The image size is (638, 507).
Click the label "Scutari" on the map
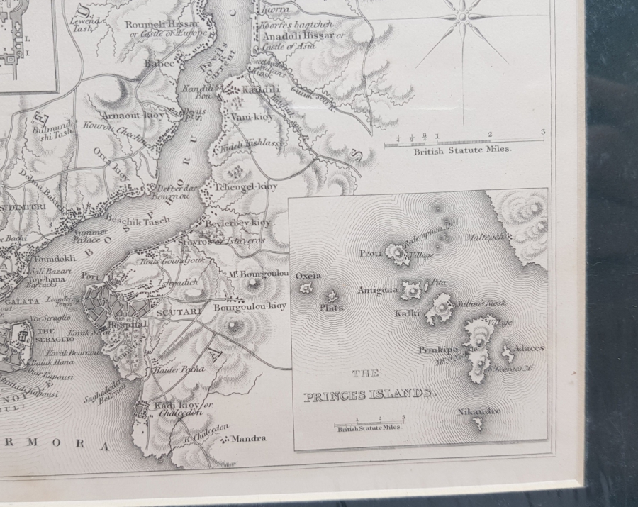click(174, 311)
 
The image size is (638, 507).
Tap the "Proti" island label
click(370, 253)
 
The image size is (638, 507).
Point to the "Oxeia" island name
click(308, 276)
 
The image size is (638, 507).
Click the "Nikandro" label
click(478, 411)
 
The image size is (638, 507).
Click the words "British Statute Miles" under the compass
click(462, 150)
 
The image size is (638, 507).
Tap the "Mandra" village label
click(248, 439)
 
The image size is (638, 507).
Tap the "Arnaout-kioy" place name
click(133, 115)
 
